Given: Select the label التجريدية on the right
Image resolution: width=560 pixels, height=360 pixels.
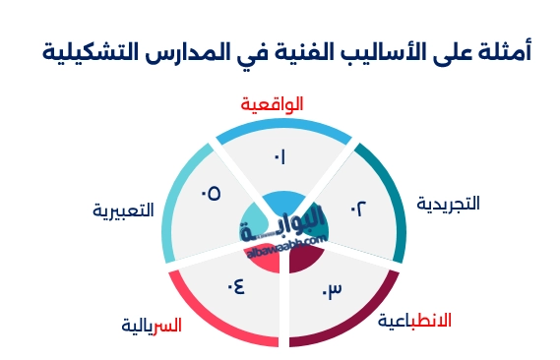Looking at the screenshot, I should (448, 204).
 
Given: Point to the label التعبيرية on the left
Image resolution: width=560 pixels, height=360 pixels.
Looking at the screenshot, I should (124, 210).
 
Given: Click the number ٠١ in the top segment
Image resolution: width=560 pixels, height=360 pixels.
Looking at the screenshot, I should (280, 156).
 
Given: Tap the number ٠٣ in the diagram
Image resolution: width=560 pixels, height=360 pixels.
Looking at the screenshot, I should (332, 290).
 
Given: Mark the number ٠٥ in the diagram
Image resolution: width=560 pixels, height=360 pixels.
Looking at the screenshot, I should (210, 193).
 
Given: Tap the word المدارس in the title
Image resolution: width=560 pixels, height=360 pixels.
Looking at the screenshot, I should (182, 50).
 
